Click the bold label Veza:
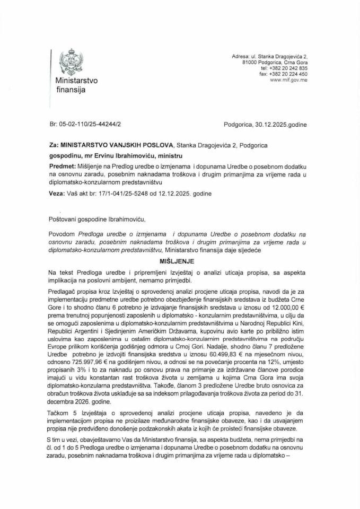[x=51, y=193]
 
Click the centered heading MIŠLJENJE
[x=179, y=261]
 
